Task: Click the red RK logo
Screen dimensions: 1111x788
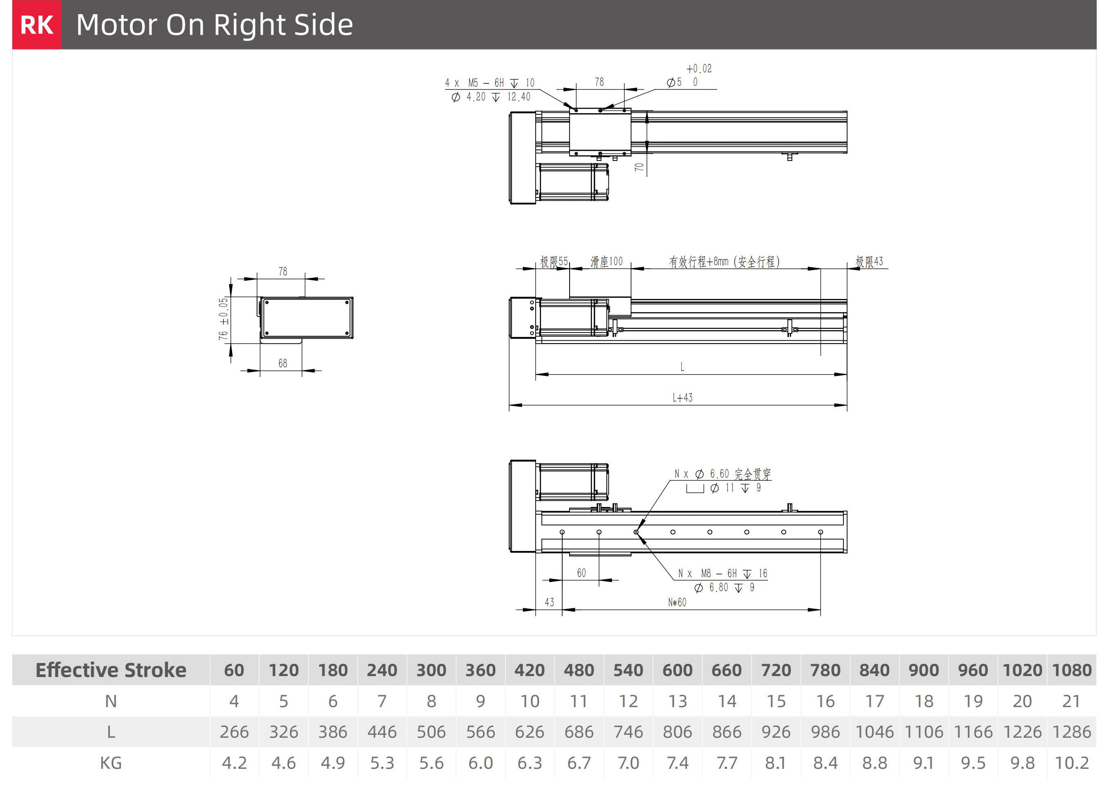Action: coord(37,25)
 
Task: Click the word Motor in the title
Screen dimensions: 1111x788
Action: coord(117,25)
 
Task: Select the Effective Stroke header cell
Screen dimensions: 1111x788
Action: coord(111,670)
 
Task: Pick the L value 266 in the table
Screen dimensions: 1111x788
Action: coord(234,732)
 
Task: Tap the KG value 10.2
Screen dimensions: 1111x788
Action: coord(1072,763)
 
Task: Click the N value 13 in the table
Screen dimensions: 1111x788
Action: coord(677,701)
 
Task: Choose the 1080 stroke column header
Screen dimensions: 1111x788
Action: coord(1072,670)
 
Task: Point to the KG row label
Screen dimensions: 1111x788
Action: coord(111,763)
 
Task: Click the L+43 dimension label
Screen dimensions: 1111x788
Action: coord(682,398)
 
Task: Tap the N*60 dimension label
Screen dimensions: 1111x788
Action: coord(677,602)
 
